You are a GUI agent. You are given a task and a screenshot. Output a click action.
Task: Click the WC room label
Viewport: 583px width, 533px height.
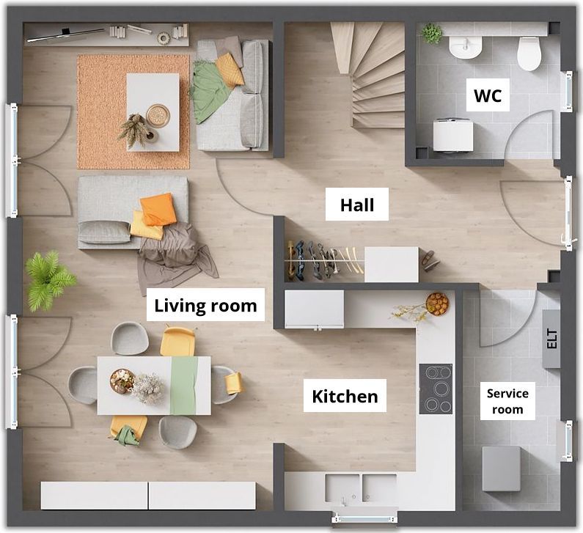coord(488,95)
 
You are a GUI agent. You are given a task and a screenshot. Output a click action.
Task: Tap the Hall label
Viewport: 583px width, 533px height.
coord(357,205)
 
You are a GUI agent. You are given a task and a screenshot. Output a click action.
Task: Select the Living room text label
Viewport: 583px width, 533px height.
coord(205,306)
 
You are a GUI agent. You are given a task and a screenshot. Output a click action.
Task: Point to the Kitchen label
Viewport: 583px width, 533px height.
coord(345,396)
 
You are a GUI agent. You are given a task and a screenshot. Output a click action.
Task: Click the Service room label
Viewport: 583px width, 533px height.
coord(507,401)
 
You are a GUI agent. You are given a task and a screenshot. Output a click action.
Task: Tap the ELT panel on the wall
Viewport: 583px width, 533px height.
coord(551,338)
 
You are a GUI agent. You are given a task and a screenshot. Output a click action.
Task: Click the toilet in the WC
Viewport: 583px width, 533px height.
coord(529,54)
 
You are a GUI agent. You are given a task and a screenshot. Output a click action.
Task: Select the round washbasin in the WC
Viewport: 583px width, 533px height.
coord(466,47)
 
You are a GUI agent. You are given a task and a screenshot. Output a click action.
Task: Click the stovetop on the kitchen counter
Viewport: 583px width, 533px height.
coord(436,389)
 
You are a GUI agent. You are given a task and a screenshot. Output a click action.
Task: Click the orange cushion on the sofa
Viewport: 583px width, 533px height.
coord(158,209)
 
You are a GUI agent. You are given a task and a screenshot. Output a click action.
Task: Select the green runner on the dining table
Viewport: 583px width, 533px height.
coord(184,386)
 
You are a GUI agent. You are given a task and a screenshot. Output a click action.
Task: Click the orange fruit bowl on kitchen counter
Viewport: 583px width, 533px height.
coord(437,304)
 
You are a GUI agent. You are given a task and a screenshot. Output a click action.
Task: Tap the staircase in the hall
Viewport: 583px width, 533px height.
coord(367,75)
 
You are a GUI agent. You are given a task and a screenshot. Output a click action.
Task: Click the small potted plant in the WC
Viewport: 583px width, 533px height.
coord(431,33)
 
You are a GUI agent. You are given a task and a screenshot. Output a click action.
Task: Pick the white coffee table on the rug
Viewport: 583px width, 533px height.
coord(153,112)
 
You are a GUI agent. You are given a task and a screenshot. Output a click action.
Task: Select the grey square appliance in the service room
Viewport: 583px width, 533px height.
coord(501,468)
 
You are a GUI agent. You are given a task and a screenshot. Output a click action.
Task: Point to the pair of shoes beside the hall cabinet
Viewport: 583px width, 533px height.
coord(430,260)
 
